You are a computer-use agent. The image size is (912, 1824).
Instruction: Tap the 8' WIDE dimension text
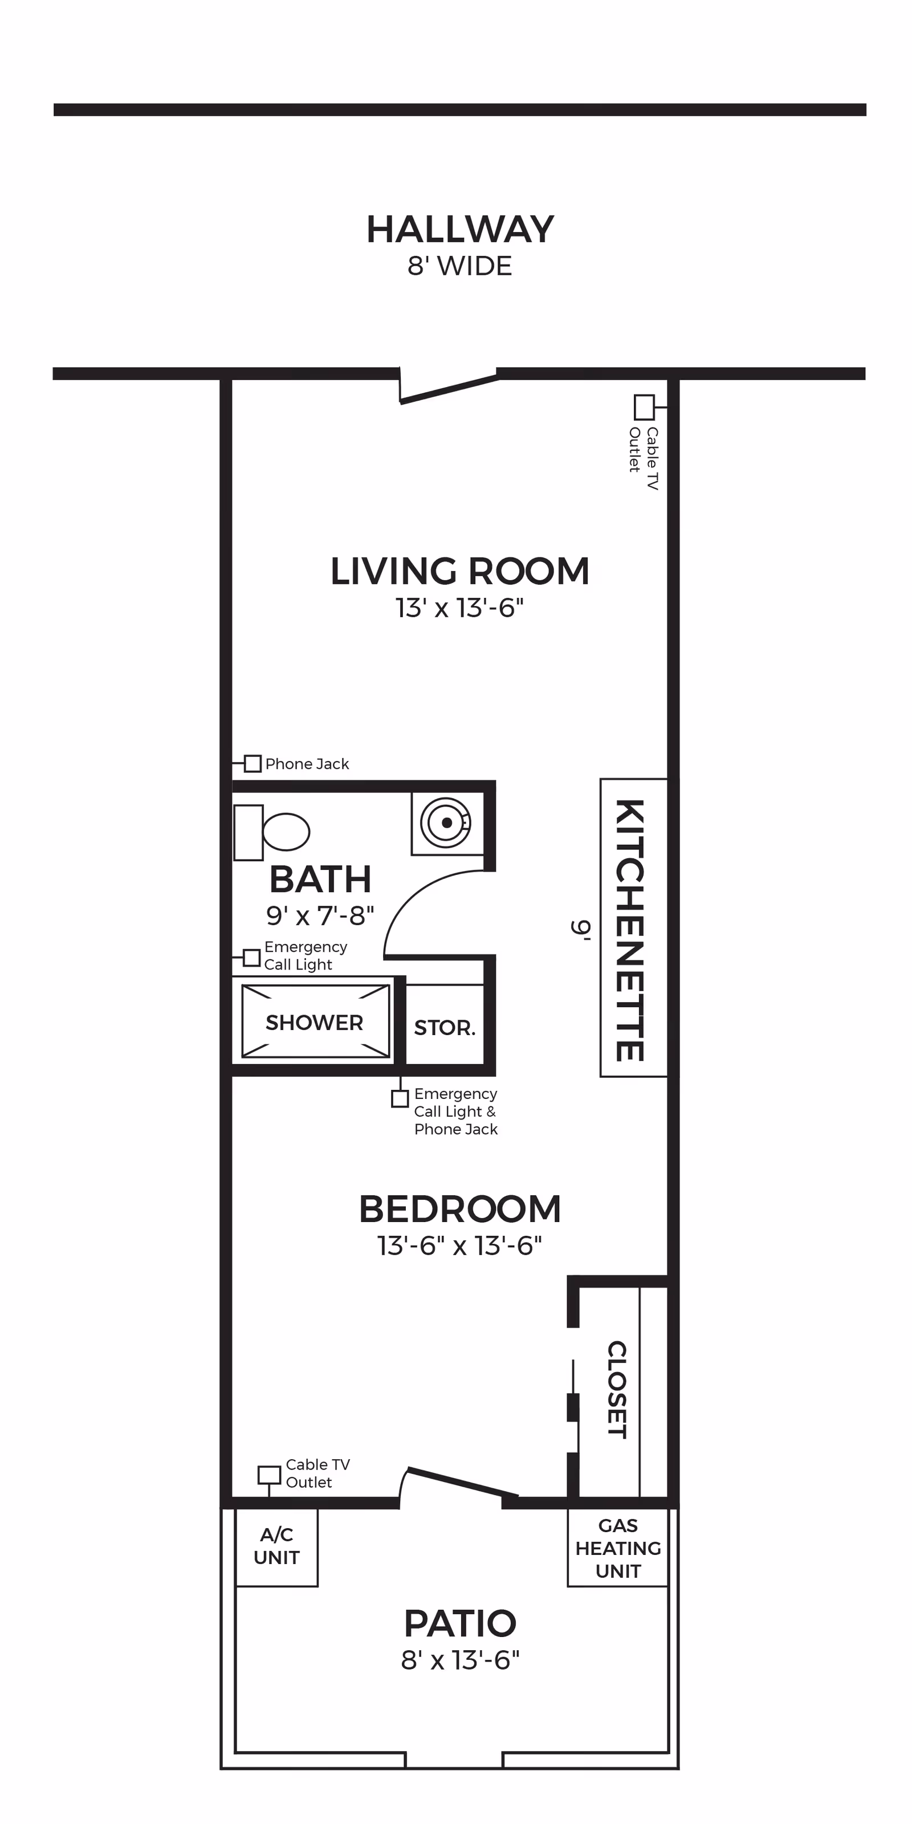459,266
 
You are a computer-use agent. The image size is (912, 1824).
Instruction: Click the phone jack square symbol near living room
253,764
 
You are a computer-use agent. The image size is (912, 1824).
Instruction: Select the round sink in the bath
447,822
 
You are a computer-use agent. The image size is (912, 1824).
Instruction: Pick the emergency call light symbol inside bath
251,958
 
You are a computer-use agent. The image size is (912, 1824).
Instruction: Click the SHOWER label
315,1023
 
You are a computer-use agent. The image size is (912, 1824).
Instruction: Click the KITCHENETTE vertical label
629,930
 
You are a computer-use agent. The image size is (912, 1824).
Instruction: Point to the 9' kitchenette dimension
581,930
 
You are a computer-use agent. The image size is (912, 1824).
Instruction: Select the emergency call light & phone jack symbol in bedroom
400,1099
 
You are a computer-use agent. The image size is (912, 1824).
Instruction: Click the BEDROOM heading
459,1210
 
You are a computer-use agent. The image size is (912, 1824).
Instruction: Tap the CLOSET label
617,1389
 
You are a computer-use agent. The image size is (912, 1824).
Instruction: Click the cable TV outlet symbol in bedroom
269,1475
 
